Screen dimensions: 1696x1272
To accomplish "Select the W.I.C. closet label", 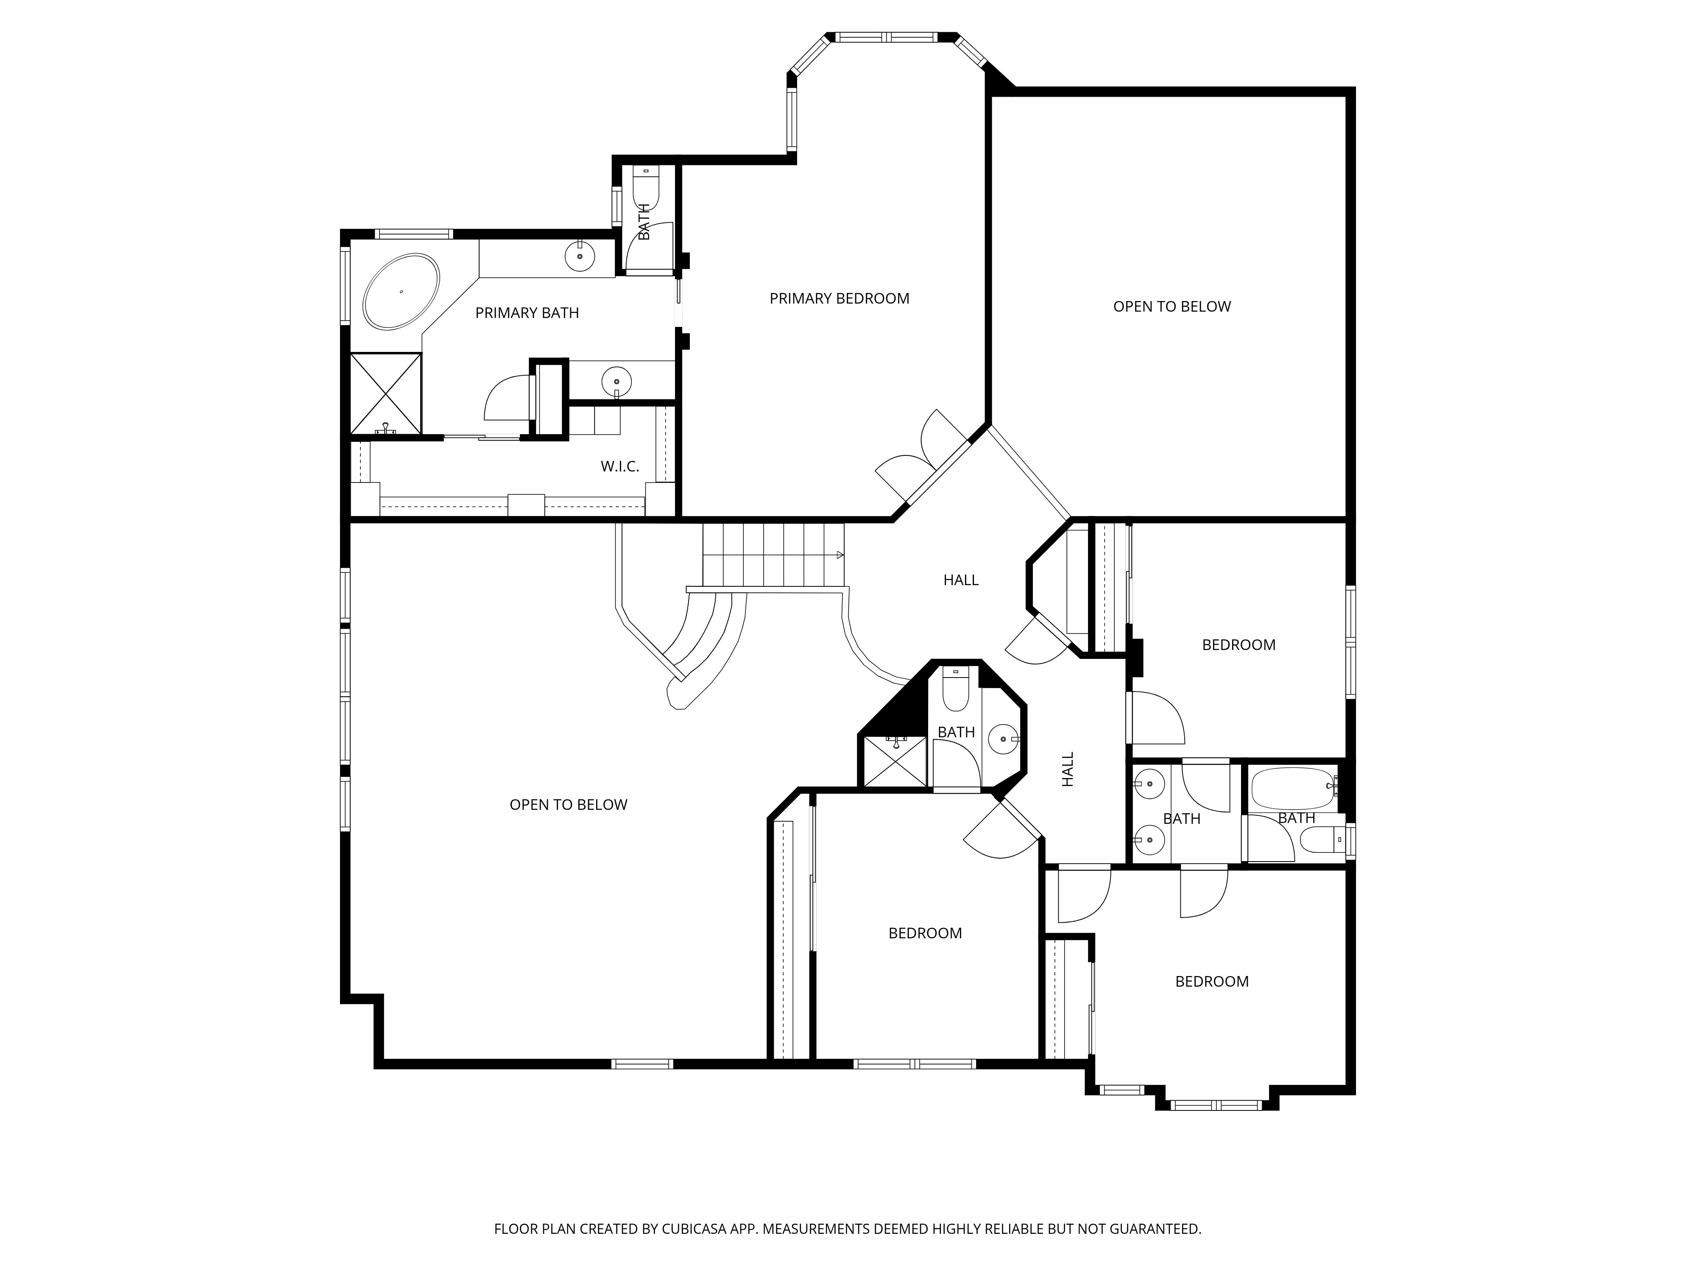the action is tap(619, 466).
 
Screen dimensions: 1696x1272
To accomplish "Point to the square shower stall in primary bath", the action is tap(386, 393).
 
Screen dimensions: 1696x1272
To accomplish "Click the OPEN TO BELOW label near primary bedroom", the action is tap(1172, 307).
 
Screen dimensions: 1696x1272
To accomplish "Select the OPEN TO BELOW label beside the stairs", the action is tap(568, 804).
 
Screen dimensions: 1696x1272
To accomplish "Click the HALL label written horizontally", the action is tap(961, 580).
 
